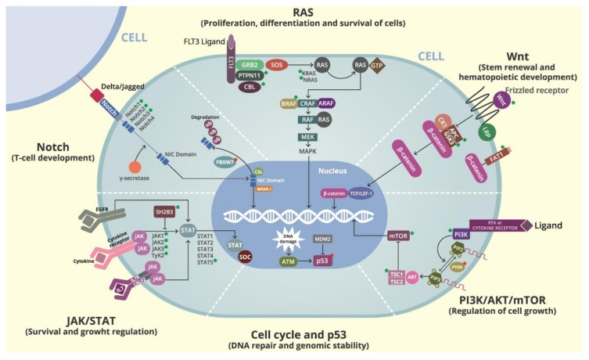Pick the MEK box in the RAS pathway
pyautogui.click(x=307, y=137)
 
